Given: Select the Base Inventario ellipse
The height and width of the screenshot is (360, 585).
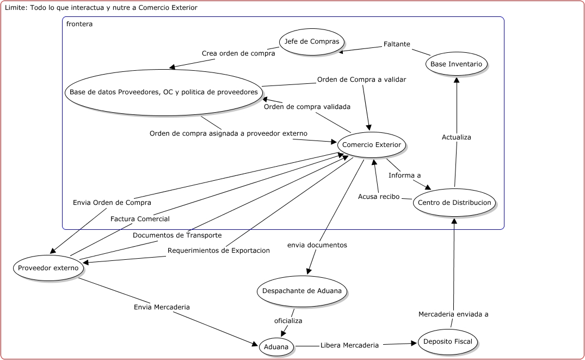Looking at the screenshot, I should pos(456,64).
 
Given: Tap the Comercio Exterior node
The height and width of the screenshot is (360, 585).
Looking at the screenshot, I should pos(372,145).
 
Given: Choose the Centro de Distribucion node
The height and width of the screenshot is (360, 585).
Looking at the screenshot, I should pos(454,203).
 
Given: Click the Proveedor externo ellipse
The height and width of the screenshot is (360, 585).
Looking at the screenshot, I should pos(48,268).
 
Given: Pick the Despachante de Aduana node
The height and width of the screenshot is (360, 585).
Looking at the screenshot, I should pos(302,291).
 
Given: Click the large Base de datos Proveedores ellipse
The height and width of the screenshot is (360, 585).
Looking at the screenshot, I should pos(164,92).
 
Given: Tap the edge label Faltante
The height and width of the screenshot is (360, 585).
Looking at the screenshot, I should pos(397,44).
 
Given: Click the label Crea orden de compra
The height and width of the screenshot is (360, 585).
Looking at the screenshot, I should pos(238,53).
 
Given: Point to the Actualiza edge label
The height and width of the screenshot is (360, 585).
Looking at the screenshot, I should pos(456,137).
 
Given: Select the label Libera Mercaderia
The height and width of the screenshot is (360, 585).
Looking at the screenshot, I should pos(349,345).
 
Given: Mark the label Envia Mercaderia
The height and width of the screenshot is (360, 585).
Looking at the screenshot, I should pos(162,307).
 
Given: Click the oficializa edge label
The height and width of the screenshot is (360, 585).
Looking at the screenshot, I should pos(288,321).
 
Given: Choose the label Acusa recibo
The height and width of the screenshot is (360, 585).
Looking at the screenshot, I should pos(378,197).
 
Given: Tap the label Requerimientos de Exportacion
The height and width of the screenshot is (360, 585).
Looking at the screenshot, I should pos(219,251).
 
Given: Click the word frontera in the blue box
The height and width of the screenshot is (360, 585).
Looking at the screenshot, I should pos(79,24).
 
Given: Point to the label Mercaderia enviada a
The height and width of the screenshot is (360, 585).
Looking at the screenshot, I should pos(453,314).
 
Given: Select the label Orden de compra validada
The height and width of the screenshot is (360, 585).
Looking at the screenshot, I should pos(307,107).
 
